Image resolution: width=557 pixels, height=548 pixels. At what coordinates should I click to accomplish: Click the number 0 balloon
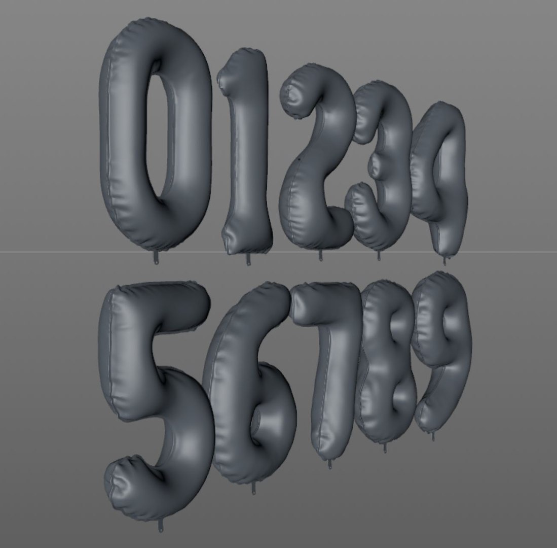click(122, 137)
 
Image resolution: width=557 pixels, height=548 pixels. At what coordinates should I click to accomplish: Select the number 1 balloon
click(248, 152)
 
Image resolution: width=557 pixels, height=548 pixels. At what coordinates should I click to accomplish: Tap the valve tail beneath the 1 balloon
click(248, 260)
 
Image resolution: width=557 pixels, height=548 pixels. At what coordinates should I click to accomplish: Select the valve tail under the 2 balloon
click(320, 256)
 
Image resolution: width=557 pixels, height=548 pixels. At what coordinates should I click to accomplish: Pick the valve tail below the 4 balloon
click(445, 260)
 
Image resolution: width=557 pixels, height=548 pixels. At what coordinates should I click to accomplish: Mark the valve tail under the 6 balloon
click(253, 489)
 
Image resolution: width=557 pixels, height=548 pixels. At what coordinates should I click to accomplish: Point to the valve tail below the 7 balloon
click(330, 463)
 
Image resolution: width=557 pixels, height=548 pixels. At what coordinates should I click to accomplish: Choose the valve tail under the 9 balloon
click(433, 435)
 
